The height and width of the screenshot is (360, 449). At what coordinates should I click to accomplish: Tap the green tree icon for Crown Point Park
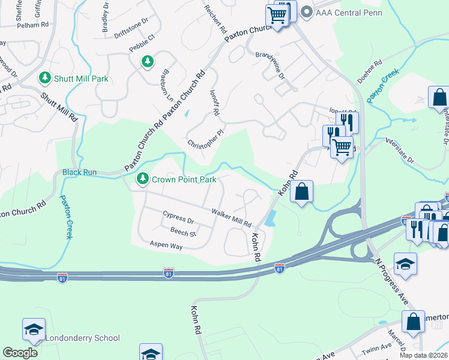(x=143, y=178)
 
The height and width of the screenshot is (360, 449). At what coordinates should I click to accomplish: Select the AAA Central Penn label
(x=340, y=13)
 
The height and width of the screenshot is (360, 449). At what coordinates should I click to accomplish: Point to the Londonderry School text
(x=83, y=338)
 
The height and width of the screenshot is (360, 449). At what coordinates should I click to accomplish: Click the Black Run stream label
(x=79, y=172)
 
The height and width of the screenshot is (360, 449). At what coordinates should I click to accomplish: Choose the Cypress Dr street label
(x=178, y=217)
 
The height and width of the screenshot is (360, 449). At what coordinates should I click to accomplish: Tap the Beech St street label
(x=184, y=232)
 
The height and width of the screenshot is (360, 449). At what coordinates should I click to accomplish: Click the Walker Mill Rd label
(x=231, y=218)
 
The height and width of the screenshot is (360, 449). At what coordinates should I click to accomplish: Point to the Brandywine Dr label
(x=270, y=64)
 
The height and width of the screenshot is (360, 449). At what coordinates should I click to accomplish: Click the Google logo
(x=20, y=353)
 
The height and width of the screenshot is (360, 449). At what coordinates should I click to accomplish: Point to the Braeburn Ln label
(x=166, y=88)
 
